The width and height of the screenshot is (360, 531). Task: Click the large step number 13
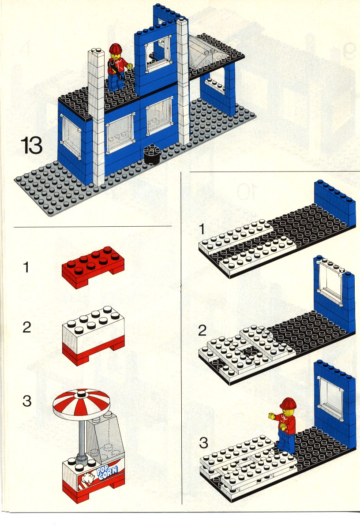pos(31,145)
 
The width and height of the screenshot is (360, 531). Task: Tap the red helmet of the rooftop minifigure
pos(116,49)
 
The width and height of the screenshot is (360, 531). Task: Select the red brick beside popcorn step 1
pos(93,267)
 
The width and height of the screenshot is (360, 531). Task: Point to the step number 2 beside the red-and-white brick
pos(27,327)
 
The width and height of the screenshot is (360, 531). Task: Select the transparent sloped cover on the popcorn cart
pos(105,438)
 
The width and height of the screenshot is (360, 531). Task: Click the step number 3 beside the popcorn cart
pos(27,401)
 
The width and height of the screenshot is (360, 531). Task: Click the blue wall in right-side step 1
pos(335,203)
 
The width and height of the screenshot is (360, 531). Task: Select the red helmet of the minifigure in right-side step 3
pos(288,403)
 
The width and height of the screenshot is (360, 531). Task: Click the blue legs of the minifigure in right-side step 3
pos(286,441)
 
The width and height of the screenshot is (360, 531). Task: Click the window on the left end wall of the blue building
pos(71,135)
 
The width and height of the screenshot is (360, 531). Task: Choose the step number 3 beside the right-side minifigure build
pos(203,443)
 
